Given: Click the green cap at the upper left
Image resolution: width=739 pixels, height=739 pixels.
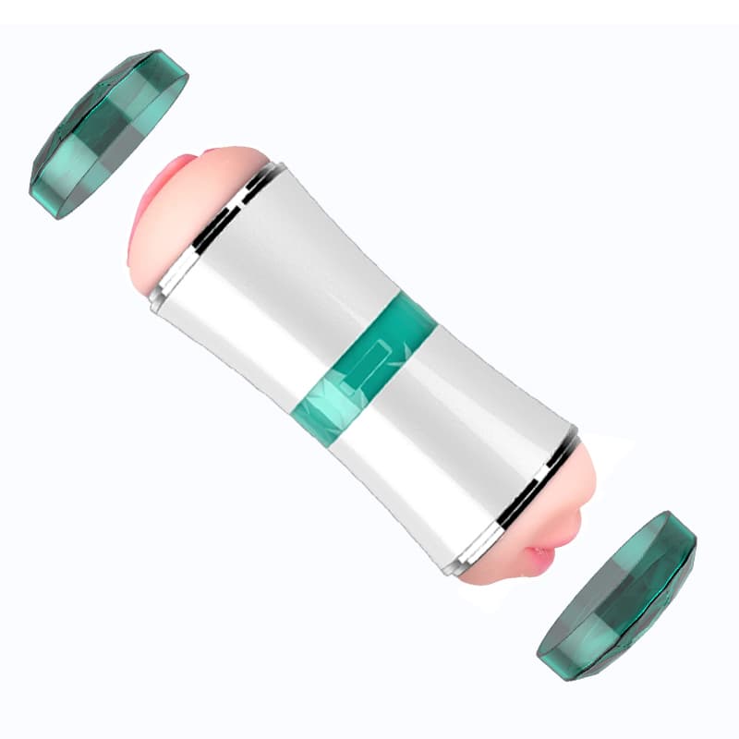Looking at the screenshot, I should pos(106,134).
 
